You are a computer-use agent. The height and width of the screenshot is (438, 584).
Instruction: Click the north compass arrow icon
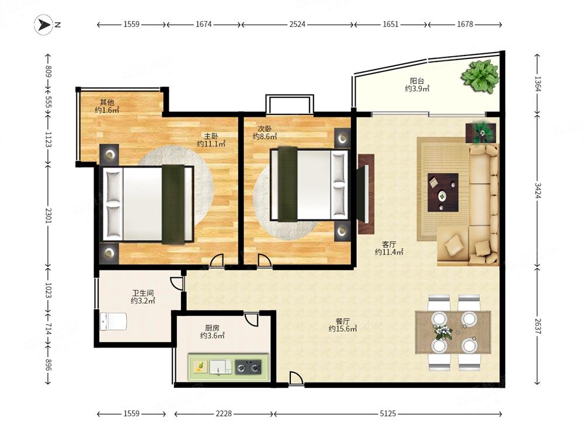(44, 25)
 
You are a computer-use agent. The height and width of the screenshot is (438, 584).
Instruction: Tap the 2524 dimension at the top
(297, 25)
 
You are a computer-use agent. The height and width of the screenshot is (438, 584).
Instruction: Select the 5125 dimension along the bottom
(388, 413)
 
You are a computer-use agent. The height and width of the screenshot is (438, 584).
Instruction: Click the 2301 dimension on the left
(48, 215)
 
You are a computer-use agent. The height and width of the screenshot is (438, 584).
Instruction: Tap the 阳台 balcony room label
(417, 81)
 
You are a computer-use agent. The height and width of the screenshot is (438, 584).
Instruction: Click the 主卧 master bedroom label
(211, 136)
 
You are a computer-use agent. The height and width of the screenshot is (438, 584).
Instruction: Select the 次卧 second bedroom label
(265, 128)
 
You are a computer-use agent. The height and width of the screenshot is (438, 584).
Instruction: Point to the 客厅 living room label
(389, 244)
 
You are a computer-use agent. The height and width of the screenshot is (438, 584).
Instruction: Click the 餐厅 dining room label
(343, 321)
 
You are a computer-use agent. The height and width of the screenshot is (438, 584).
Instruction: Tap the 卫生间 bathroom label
(142, 293)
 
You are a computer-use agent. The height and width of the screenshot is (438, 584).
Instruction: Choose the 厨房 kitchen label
(213, 328)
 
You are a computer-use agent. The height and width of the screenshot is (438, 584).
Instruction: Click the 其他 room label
(107, 102)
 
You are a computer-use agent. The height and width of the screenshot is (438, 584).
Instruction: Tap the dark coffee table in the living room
(443, 192)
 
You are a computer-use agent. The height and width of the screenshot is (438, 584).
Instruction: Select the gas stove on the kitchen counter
(248, 367)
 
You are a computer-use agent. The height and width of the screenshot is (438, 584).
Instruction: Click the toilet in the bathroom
(113, 321)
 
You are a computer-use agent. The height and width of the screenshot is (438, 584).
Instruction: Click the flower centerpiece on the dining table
(443, 332)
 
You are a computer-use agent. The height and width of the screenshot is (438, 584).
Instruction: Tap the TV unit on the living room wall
(366, 194)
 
